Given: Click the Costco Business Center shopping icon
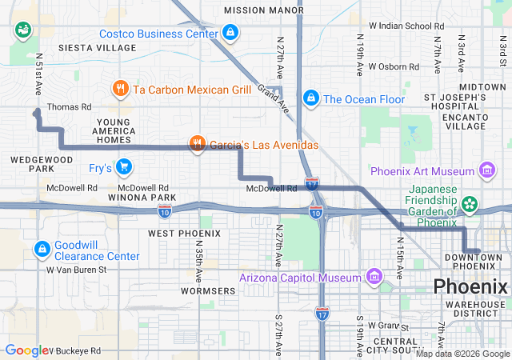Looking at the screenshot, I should [230, 33].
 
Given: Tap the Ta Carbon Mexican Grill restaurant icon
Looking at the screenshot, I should [121, 89].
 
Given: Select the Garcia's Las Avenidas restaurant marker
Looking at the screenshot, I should [197, 145].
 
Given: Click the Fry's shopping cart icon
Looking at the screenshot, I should [123, 167].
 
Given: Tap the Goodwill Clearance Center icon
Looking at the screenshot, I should [42, 249].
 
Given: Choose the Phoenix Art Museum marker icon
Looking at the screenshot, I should [486, 170].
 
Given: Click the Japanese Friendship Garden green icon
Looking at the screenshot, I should [469, 206].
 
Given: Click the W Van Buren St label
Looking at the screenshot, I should [77, 270].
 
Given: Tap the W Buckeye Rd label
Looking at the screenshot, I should [74, 350].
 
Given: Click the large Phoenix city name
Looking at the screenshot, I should [470, 286].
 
